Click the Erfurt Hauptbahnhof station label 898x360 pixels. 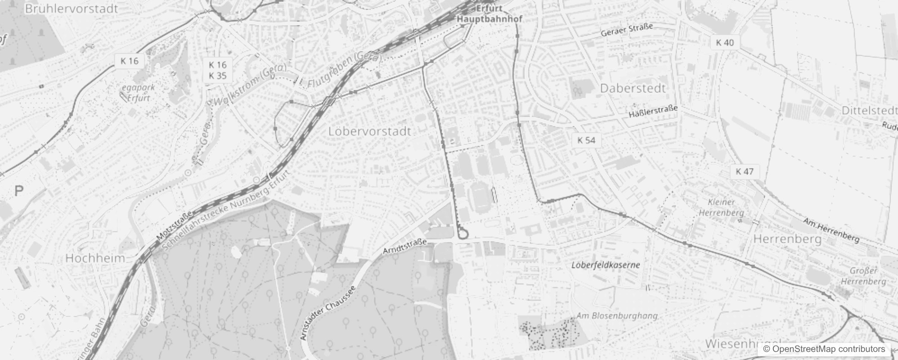point(489,14)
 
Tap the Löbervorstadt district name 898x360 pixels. point(370,131)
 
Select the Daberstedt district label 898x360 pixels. point(633,88)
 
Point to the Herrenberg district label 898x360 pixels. point(787,239)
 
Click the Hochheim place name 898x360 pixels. point(95,258)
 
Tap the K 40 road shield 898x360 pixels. point(724,42)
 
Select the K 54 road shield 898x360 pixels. point(586,140)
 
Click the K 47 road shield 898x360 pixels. point(745,171)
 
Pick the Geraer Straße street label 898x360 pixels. point(627,31)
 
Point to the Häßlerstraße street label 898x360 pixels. point(653,112)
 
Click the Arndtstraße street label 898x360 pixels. point(404,247)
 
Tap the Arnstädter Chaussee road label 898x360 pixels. point(328,312)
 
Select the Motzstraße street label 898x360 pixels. point(175,225)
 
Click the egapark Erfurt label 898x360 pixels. point(138,93)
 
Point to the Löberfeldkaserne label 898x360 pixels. point(606,265)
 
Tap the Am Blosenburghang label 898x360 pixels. point(617,316)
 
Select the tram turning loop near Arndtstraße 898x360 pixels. point(463,234)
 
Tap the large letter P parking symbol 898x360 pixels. point(18,191)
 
